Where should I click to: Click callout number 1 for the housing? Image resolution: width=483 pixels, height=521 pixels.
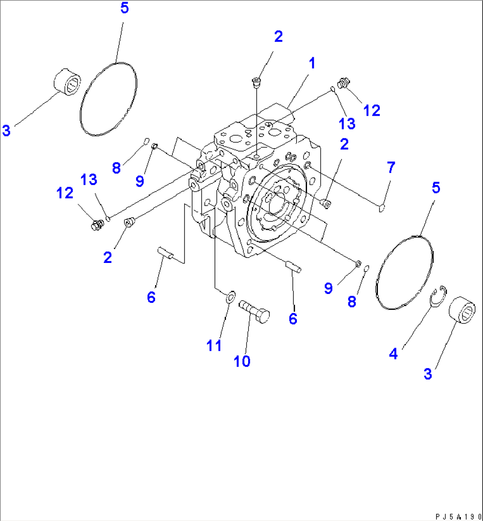coord(312,63)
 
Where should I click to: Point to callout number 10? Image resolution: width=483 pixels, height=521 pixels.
coord(242,361)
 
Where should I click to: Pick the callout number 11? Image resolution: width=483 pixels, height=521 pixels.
coord(214,345)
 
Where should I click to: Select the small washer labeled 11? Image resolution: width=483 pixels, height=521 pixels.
coord(230,298)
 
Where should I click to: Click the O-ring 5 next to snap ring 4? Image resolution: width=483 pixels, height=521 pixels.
coord(403,271)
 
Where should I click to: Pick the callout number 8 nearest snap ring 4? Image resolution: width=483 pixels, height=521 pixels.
coord(351,302)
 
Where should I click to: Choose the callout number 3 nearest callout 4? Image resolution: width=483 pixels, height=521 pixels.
coord(427,373)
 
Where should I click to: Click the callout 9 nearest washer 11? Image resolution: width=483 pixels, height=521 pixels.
coord(328,288)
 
